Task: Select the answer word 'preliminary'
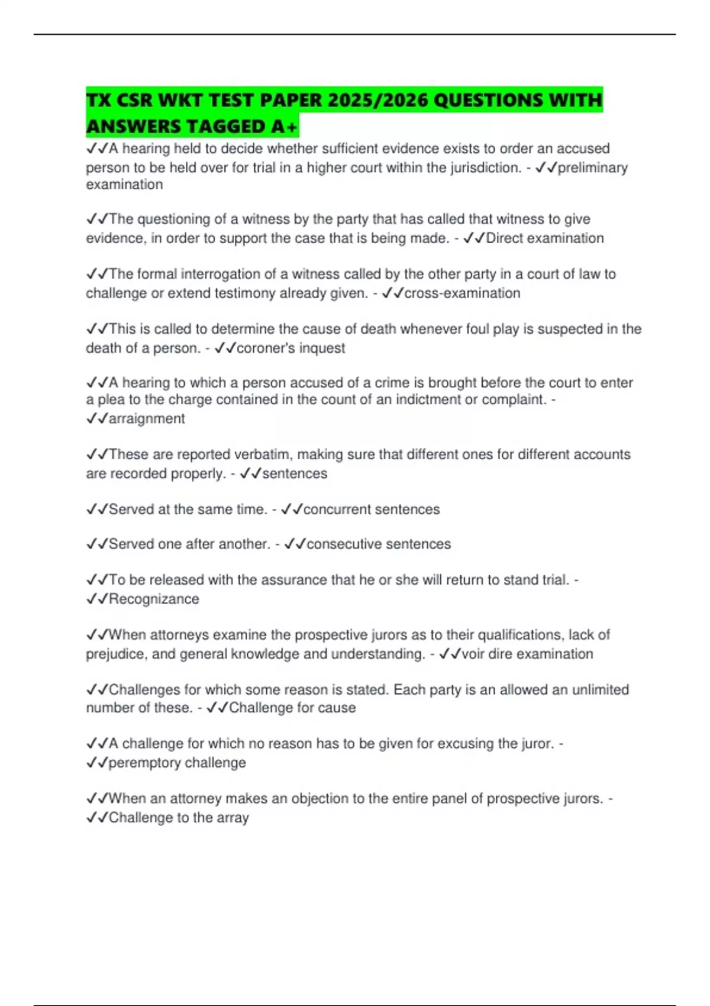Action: (x=592, y=167)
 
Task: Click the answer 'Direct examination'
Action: (x=544, y=238)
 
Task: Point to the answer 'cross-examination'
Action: (x=462, y=293)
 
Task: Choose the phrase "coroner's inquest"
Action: (x=291, y=348)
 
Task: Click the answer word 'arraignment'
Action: (x=147, y=418)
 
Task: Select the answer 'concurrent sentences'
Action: (x=371, y=510)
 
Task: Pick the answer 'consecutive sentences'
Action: (x=378, y=544)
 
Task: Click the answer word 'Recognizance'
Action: (x=154, y=599)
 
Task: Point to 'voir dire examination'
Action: (x=527, y=654)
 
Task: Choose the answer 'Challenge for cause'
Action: (x=292, y=708)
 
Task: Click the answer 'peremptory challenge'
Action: (x=177, y=763)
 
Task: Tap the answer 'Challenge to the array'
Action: (x=179, y=818)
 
